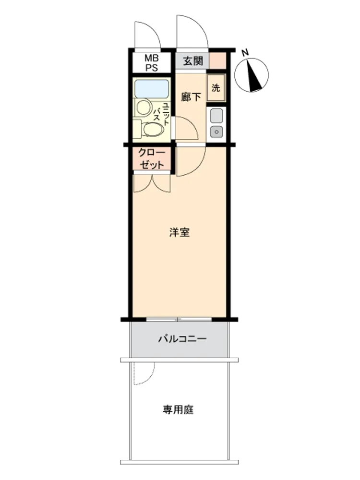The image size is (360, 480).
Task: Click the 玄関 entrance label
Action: [193, 61]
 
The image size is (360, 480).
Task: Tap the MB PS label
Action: [152, 63]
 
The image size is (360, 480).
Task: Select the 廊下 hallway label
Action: [191, 97]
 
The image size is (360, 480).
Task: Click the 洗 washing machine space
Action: [216, 88]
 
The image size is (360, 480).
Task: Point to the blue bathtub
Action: [152, 88]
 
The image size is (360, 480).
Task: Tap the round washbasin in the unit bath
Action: [144, 107]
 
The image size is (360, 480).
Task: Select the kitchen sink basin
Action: [216, 116]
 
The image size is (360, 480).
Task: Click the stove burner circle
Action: [216, 132]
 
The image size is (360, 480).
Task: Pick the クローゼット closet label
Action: [152, 158]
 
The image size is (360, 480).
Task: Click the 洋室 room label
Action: [180, 232]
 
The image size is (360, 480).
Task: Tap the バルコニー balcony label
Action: [182, 339]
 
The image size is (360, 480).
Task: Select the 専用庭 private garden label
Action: [178, 409]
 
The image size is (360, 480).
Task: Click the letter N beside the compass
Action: [245, 53]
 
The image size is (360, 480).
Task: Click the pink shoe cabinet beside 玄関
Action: [218, 60]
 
